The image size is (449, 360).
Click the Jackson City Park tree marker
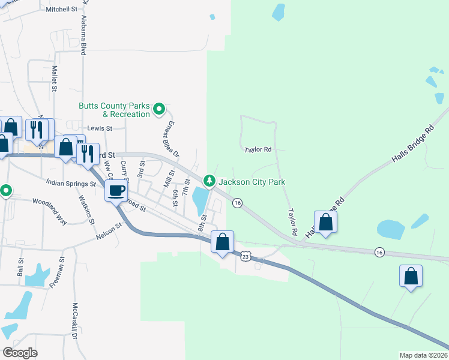click(x=209, y=180)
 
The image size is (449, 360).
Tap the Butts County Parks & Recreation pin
click(x=159, y=109)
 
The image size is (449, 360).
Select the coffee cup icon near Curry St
click(x=116, y=191)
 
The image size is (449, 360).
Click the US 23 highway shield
click(x=246, y=256)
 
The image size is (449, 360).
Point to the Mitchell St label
click(x=62, y=9)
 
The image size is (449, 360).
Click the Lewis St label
click(x=100, y=128)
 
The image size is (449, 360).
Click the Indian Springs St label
click(x=71, y=182)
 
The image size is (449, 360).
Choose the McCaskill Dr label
click(x=76, y=322)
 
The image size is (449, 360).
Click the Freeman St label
click(x=61, y=271)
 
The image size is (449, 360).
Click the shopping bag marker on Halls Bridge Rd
click(x=325, y=222)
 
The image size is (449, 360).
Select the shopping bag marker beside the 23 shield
click(x=222, y=242)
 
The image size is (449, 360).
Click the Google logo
click(x=20, y=353)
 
